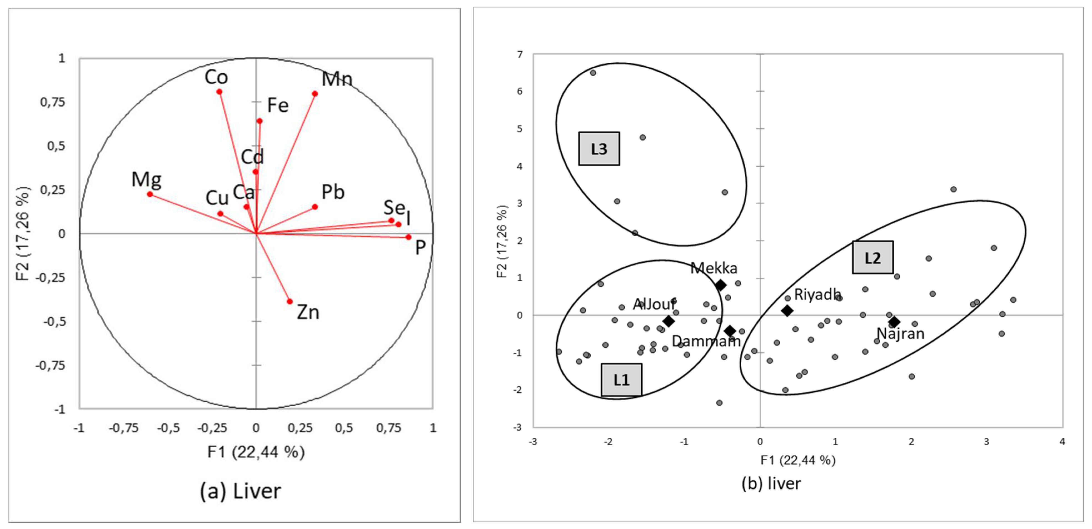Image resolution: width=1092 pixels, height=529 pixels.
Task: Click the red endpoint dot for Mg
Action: click(150, 194)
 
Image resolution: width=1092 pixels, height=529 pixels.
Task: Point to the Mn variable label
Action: click(337, 79)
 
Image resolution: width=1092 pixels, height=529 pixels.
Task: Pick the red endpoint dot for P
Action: click(408, 237)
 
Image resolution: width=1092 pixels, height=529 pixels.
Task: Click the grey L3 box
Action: click(599, 149)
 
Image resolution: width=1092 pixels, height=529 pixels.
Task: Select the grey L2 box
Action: click(873, 257)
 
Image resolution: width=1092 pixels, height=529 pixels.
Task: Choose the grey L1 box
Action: click(622, 380)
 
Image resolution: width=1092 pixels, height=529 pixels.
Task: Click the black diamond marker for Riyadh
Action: click(787, 311)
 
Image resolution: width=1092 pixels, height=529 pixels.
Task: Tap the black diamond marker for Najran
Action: click(894, 322)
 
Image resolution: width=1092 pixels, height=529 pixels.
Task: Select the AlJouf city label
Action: click(654, 304)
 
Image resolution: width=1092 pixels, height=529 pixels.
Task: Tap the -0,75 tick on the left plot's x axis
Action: click(123, 428)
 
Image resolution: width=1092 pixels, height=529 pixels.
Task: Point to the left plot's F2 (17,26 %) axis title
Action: click(23, 233)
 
